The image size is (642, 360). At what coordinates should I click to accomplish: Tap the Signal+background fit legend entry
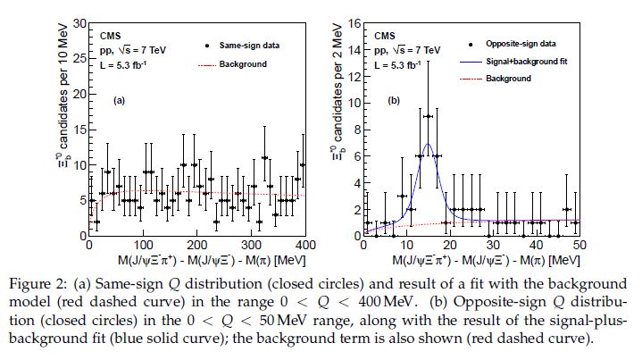coord(526,62)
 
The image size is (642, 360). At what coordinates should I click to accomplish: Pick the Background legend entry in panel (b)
coord(509,80)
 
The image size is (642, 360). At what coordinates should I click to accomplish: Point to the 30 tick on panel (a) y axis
coord(80,22)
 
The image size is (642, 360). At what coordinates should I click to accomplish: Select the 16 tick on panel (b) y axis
coord(354,22)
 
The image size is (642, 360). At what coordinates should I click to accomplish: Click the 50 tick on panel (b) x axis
coord(578,244)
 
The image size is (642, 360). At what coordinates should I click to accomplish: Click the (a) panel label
coord(118,100)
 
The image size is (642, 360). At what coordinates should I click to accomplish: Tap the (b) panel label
coord(394,100)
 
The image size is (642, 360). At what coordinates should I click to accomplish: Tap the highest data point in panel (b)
coord(428,116)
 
